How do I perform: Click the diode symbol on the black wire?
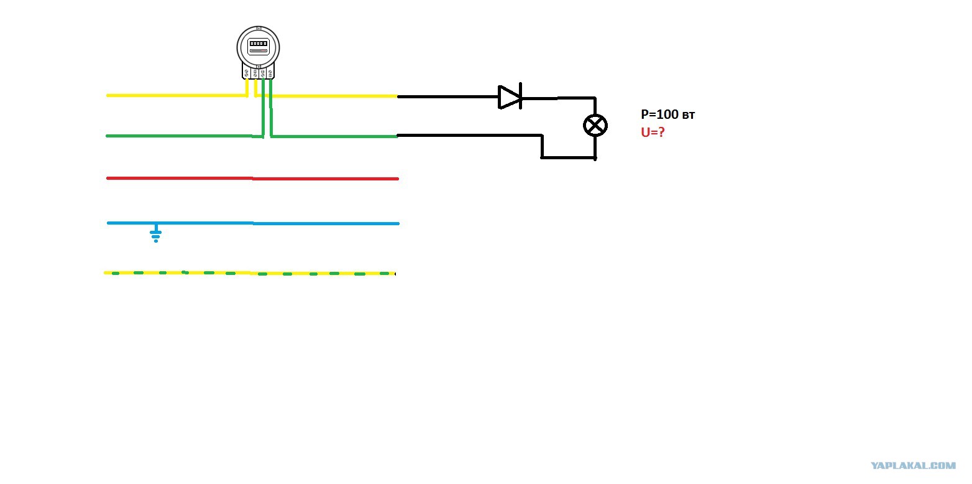click(510, 96)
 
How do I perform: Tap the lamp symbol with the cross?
click(595, 126)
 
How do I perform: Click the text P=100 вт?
click(667, 114)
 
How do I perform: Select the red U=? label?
click(653, 132)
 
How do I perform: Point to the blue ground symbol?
click(156, 233)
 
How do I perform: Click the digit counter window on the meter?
click(258, 44)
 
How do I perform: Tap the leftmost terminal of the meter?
click(247, 73)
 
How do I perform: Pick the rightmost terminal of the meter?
click(270, 73)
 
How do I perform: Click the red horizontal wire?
click(252, 179)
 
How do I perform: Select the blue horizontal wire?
click(253, 223)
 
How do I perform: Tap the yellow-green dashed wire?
click(249, 273)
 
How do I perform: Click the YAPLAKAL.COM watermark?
click(913, 466)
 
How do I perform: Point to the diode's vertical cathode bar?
click(520, 96)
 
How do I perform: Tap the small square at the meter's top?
click(259, 29)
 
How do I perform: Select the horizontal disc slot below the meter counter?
click(258, 51)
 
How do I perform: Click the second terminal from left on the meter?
click(255, 73)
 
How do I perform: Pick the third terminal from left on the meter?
click(262, 73)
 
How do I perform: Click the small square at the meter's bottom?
click(259, 67)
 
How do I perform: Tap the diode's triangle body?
click(508, 97)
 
